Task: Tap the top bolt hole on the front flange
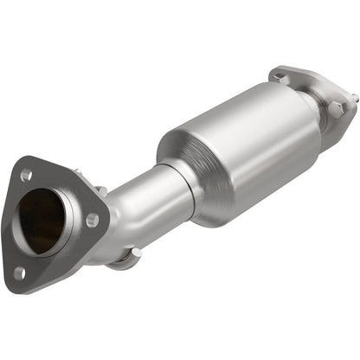click(26, 176)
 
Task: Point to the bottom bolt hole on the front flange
click(19, 273)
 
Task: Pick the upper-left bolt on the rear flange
click(279, 78)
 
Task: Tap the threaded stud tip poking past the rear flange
click(353, 100)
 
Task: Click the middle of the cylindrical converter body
click(242, 147)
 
